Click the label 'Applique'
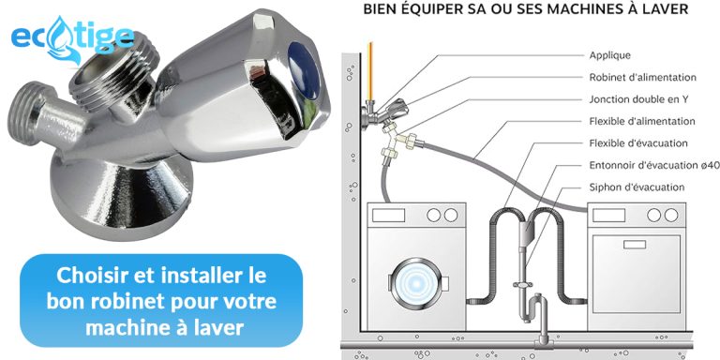click(608, 55)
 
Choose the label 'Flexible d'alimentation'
click(641, 121)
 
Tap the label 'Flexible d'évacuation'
click(638, 143)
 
